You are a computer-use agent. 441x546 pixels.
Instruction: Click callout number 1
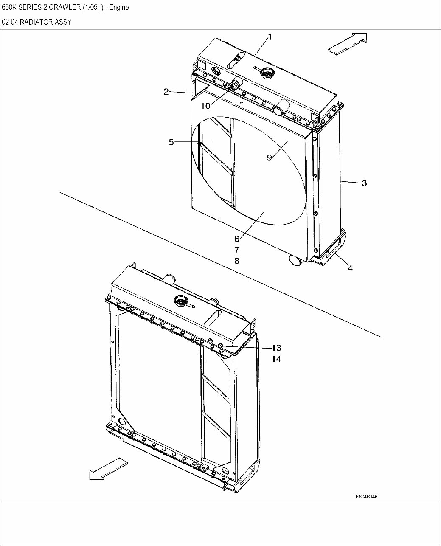pos(270,37)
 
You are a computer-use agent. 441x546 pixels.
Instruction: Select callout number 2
pos(166,91)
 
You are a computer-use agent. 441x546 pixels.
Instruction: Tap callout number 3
pos(364,183)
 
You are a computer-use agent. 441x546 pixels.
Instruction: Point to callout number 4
pos(350,268)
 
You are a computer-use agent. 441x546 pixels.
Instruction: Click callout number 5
pos(171,142)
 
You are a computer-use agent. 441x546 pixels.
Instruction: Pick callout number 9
pos(270,158)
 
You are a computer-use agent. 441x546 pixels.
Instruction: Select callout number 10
pos(205,106)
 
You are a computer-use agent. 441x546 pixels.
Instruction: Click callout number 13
pos(276,348)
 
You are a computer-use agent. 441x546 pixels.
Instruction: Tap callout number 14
pos(276,359)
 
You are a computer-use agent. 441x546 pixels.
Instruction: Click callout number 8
pos(236,261)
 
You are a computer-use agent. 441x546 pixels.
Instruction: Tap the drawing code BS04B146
pos(366,496)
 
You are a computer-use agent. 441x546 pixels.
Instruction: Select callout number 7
pos(236,250)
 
